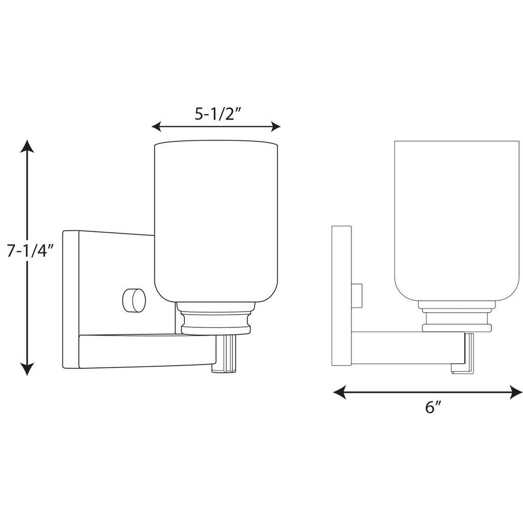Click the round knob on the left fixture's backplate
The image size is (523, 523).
(x=134, y=300)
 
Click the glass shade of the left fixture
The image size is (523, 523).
(x=216, y=220)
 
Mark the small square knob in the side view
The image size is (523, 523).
(x=357, y=296)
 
